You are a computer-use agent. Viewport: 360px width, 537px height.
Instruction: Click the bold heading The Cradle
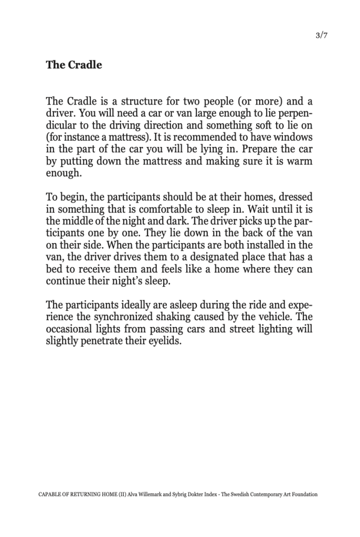pos(74,65)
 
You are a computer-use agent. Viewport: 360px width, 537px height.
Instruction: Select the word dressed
pos(296,197)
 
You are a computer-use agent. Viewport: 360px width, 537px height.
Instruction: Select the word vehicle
pos(278,317)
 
